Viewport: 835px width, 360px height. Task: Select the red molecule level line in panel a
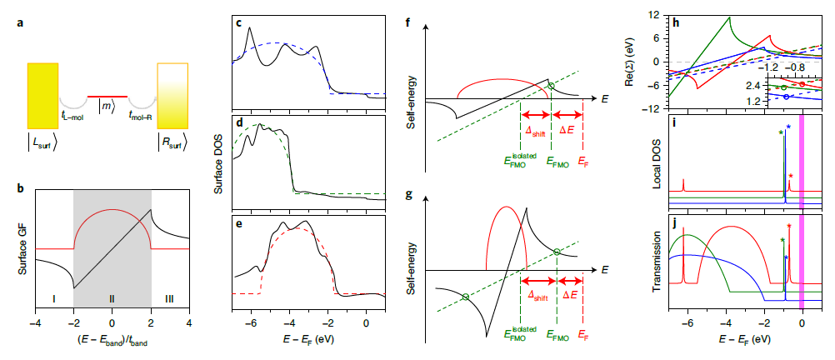click(x=107, y=95)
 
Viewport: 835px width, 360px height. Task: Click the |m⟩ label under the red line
click(x=107, y=106)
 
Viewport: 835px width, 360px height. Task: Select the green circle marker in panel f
click(x=550, y=86)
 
